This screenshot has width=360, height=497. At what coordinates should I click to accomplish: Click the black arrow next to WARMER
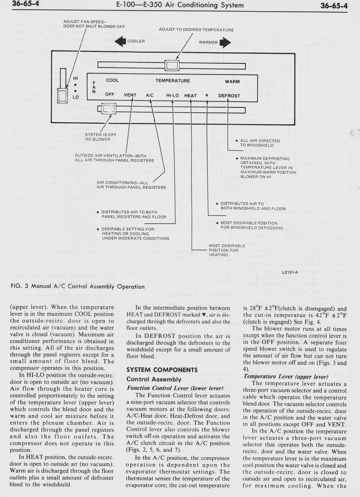(225, 42)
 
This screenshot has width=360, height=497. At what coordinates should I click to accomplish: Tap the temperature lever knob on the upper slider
(172, 66)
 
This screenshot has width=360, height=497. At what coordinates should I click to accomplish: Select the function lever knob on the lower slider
(108, 109)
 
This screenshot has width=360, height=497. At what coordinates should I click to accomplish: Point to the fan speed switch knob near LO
(63, 95)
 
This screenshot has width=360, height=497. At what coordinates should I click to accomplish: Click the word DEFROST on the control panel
(229, 96)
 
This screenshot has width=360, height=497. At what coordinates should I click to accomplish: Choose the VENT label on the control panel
(130, 96)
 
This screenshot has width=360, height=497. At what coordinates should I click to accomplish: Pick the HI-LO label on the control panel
(172, 96)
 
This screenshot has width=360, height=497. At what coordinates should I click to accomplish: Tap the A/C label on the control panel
(150, 96)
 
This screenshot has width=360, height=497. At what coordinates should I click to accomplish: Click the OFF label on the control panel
(110, 95)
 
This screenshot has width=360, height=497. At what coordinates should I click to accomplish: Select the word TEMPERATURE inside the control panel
(172, 81)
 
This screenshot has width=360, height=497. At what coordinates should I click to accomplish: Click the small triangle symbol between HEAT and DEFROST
(206, 96)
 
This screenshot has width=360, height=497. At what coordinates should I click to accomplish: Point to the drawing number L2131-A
(290, 272)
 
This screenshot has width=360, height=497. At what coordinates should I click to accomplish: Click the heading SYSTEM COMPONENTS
(162, 370)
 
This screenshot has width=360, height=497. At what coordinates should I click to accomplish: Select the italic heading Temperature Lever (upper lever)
(286, 376)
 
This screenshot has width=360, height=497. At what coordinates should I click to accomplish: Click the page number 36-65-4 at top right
(334, 6)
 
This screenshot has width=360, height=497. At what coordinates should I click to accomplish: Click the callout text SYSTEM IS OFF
(101, 134)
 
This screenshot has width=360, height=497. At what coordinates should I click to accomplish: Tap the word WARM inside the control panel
(232, 81)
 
